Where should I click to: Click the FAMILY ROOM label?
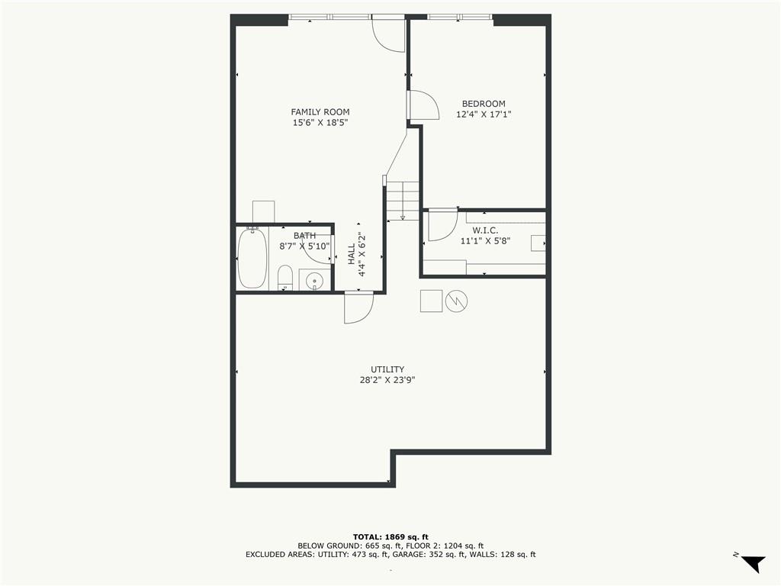point(320,112)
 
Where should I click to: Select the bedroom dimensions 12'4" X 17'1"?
point(484,114)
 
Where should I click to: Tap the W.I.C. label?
point(485,230)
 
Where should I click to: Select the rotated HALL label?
point(352,254)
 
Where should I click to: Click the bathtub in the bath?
point(252,258)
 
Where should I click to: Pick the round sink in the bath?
point(314,281)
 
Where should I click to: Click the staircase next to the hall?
point(403,201)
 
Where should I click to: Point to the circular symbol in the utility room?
point(456,301)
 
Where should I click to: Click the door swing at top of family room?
point(387,34)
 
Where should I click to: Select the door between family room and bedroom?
point(423,105)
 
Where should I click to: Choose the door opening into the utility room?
point(358,307)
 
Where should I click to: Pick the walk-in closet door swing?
point(442,225)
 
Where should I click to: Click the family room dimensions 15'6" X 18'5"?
point(320,123)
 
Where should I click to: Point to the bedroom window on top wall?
point(459,16)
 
